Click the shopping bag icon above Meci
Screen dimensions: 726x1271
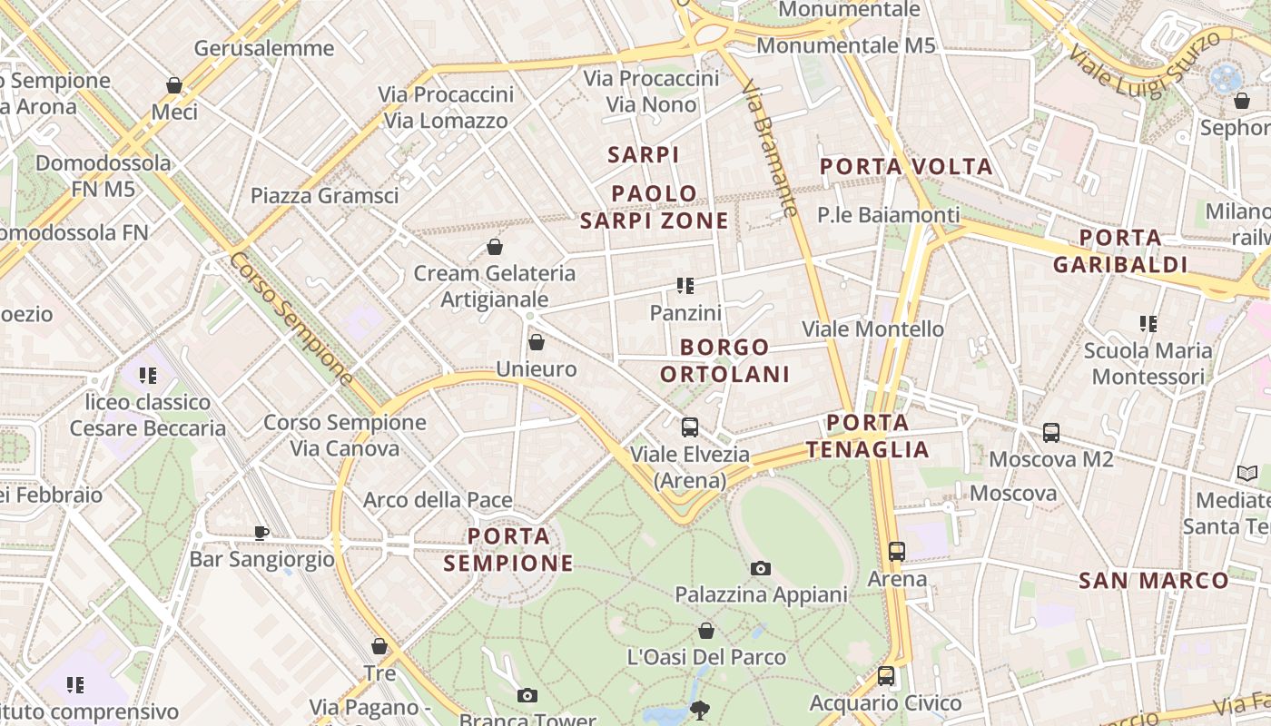click(174, 85)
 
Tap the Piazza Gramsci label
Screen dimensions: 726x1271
click(324, 195)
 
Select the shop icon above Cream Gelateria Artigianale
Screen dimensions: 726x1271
click(495, 247)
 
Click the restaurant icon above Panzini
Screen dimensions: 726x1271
click(685, 287)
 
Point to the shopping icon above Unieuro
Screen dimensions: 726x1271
click(537, 342)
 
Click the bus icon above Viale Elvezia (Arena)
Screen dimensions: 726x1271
click(690, 427)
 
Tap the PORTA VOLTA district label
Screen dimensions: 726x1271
click(906, 167)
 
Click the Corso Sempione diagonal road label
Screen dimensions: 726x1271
click(291, 318)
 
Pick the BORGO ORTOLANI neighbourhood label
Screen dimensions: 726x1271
click(724, 360)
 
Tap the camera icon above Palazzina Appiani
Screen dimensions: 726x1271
click(761, 569)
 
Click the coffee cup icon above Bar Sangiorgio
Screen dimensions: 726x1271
click(261, 533)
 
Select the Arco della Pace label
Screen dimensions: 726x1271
click(438, 500)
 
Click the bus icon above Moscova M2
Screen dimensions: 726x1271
click(1051, 433)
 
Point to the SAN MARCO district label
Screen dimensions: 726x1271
click(1153, 581)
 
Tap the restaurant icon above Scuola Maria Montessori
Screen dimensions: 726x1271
click(1148, 324)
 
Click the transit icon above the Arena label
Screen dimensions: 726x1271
click(897, 551)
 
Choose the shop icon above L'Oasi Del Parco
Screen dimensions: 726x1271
click(706, 631)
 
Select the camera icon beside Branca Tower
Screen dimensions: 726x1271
click(527, 696)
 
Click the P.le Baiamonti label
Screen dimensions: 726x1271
click(888, 215)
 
